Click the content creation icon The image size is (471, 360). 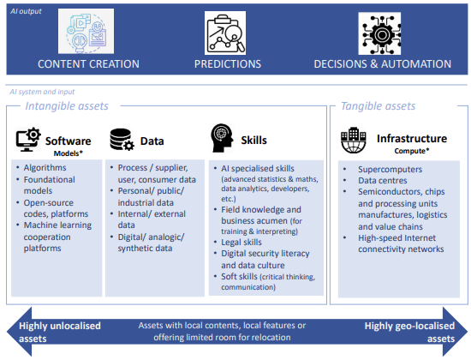pyautogui.click(x=86, y=31)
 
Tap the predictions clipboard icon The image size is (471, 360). pyautogui.click(x=225, y=33)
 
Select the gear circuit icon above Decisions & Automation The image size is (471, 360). pyautogui.click(x=379, y=33)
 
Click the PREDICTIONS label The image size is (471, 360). pyautogui.click(x=228, y=64)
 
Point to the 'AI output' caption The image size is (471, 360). pyautogui.click(x=26, y=11)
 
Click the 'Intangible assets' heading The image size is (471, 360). pyautogui.click(x=67, y=106)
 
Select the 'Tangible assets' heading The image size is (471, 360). pyautogui.click(x=379, y=106)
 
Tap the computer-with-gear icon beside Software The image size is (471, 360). pyautogui.click(x=28, y=140)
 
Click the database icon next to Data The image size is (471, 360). pyautogui.click(x=122, y=140)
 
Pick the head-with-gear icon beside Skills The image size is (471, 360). pyautogui.click(x=223, y=138)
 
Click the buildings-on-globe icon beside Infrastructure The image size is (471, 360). pyautogui.click(x=354, y=141)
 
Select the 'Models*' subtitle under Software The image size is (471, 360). pyautogui.click(x=69, y=153)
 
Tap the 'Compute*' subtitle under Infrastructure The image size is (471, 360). pyautogui.click(x=412, y=151)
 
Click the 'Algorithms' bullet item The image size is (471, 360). pyautogui.click(x=45, y=167)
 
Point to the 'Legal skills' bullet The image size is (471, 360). pyautogui.click(x=241, y=242)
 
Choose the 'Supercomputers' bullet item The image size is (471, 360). pyautogui.click(x=390, y=170)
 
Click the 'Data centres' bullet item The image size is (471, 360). pyautogui.click(x=383, y=181)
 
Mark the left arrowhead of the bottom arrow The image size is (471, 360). pyautogui.click(x=19, y=332)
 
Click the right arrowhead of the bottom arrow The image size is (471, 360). pyautogui.click(x=455, y=332)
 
